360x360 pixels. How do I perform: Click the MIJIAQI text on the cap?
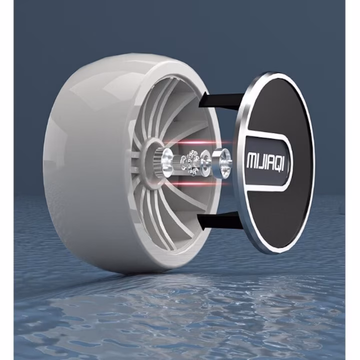coord(265,160)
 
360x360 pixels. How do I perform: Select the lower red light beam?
coord(195,183)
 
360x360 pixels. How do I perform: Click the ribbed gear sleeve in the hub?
coord(160,162)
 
